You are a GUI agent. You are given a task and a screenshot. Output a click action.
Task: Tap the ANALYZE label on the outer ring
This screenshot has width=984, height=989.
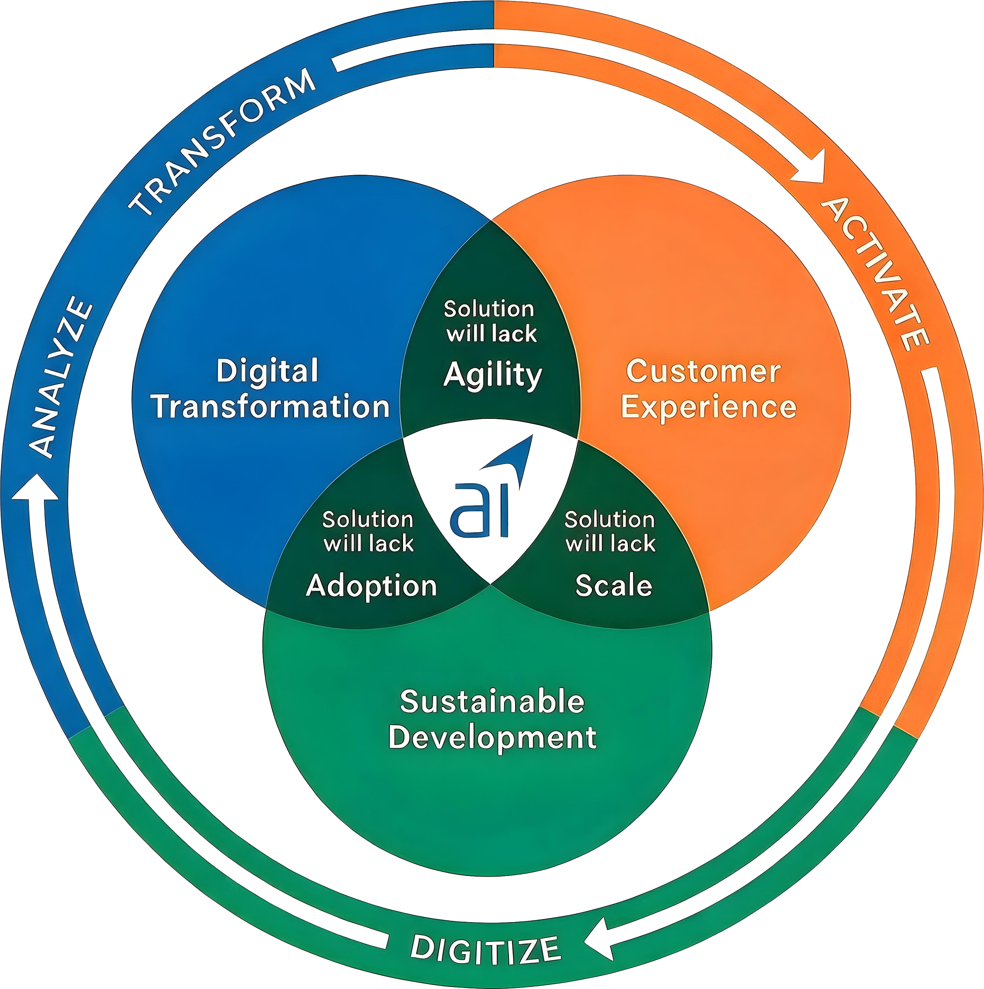[60, 376]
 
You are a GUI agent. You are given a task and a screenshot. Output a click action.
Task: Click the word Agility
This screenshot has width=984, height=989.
[492, 375]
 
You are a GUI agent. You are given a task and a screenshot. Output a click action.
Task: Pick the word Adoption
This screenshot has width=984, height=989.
[371, 586]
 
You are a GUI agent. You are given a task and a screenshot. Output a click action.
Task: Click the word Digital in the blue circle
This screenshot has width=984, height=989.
[267, 371]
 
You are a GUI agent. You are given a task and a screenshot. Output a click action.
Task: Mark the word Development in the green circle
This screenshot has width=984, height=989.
[492, 738]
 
